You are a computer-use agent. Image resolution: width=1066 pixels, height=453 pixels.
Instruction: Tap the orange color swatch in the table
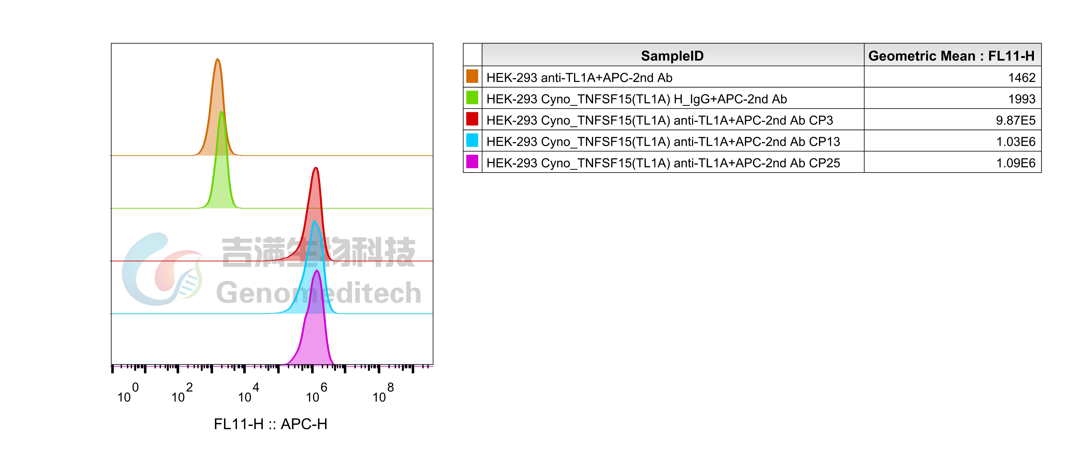tap(472, 77)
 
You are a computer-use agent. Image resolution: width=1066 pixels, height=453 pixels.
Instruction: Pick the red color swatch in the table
tap(472, 119)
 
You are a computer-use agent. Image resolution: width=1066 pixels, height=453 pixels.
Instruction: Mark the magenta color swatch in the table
tap(472, 162)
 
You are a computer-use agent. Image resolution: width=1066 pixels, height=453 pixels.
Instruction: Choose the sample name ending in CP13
tap(663, 142)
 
